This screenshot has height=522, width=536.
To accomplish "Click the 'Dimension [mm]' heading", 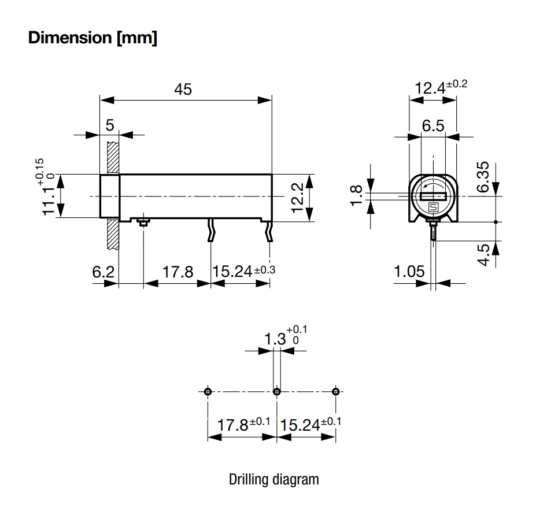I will tap(93, 38).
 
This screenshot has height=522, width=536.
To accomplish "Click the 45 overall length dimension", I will tap(183, 90).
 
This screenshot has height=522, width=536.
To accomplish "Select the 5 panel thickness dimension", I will tap(110, 125).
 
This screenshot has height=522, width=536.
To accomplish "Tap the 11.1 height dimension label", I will tap(51, 197).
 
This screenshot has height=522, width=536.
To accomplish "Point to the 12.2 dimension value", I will tap(298, 197).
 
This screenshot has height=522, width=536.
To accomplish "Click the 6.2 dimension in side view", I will tap(103, 271).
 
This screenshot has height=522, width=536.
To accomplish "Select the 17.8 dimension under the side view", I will tap(177, 271).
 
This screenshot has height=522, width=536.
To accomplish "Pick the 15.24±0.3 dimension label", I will tap(243, 271).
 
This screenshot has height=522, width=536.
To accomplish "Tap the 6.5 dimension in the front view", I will tap(433, 125).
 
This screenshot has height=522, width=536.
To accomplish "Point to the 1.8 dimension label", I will tap(357, 195).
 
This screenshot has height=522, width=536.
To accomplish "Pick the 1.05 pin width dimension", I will tap(409, 271).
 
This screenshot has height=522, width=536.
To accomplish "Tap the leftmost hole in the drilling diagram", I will tap(208, 392).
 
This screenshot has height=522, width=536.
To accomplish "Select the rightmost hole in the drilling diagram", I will tap(336, 392).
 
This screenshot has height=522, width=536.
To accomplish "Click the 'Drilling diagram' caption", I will tap(273, 479).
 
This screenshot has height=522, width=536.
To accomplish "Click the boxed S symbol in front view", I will tap(433, 206).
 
